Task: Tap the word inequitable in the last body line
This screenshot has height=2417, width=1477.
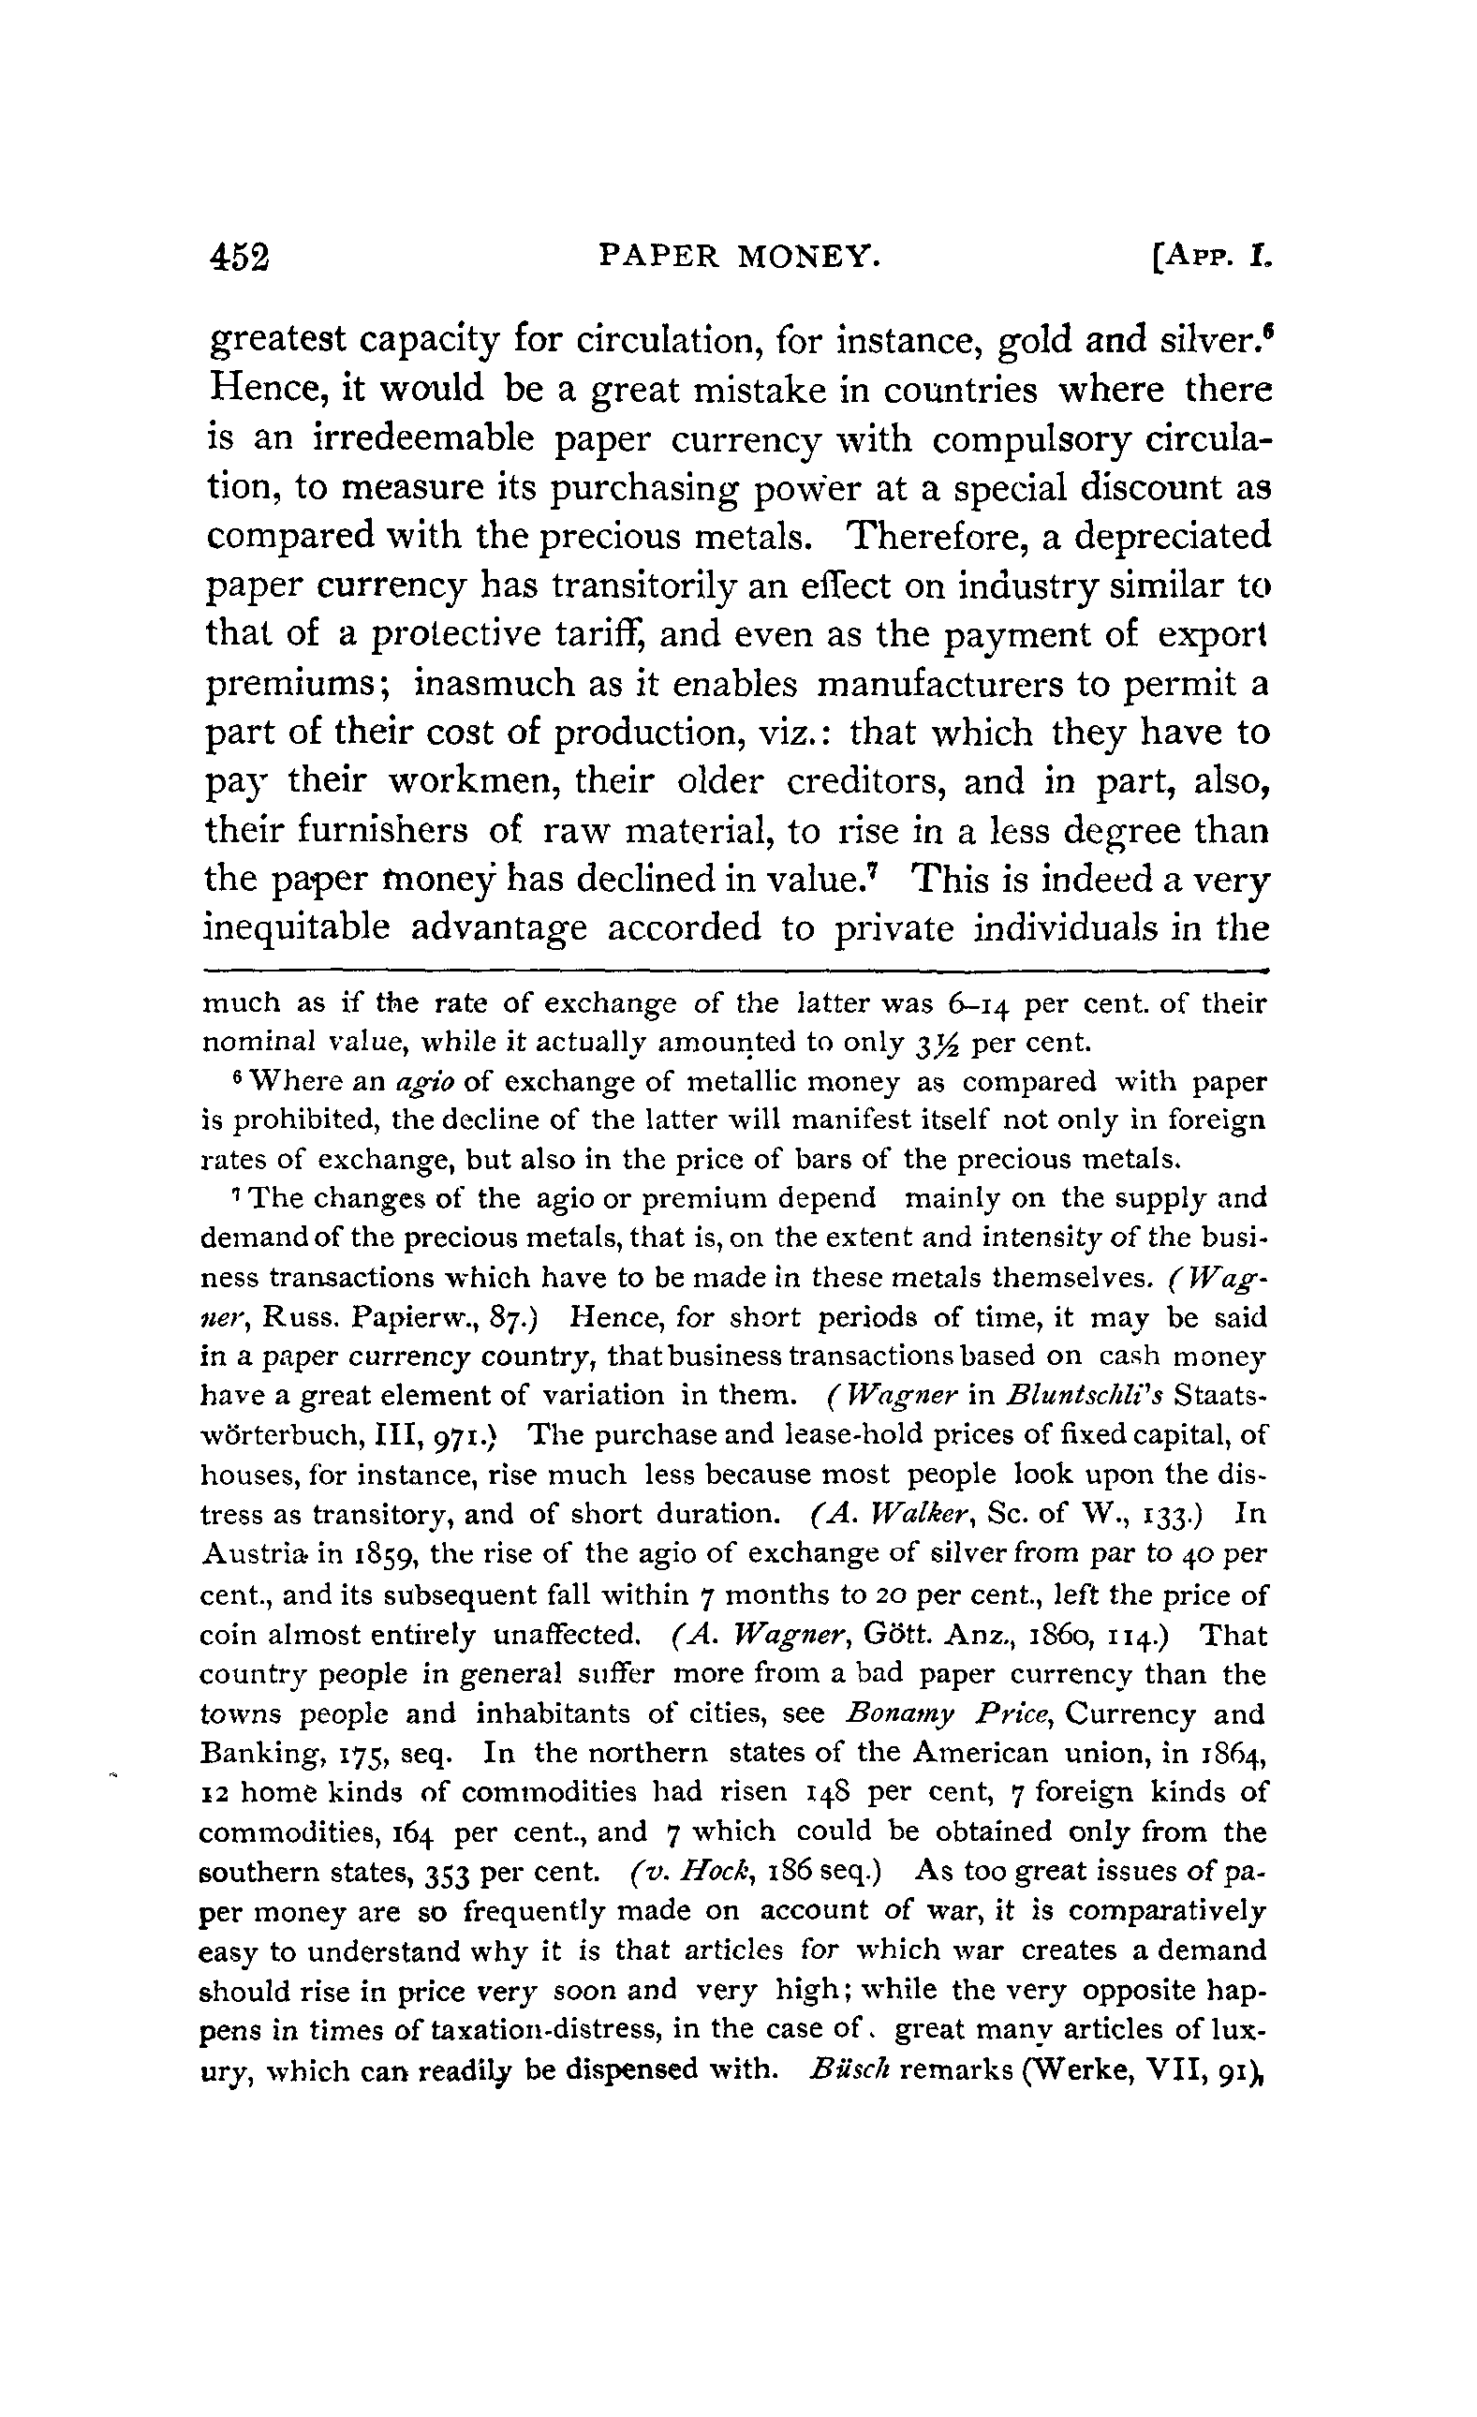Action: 294,928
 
